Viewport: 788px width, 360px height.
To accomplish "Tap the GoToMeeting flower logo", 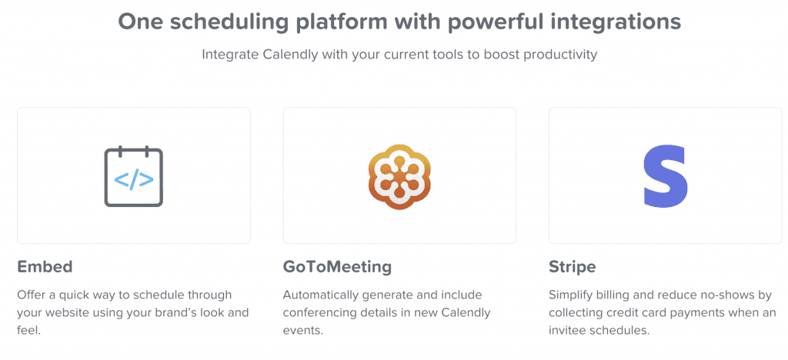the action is (399, 176).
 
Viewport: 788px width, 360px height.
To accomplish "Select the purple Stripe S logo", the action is (666, 175).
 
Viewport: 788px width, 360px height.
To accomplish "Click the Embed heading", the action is (45, 267).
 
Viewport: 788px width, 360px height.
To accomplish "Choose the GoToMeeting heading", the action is (337, 267).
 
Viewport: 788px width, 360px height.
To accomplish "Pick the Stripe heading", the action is (573, 267).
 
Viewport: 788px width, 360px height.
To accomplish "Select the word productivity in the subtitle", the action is (561, 54).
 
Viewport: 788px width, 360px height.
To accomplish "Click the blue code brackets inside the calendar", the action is (134, 180).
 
